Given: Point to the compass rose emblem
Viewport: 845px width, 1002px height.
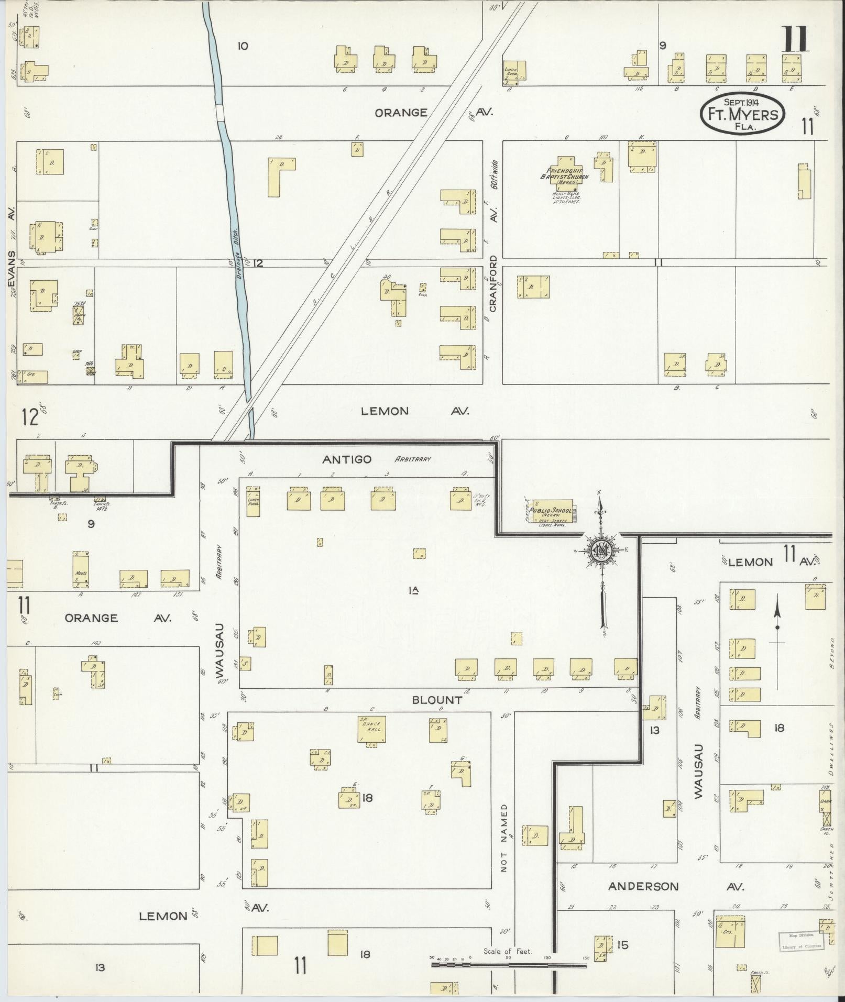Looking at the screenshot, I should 602,550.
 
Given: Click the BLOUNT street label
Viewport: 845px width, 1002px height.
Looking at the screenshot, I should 437,700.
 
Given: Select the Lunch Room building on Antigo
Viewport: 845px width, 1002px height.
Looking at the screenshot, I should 253,501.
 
